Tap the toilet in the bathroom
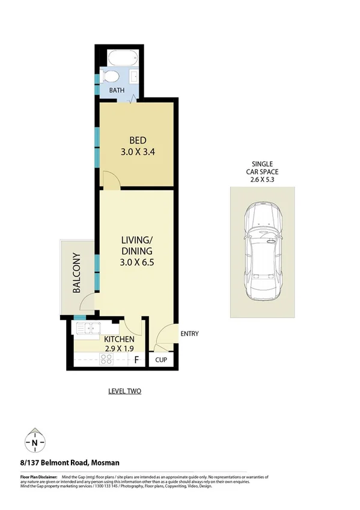pyautogui.click(x=111, y=77)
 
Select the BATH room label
pyautogui.click(x=117, y=91)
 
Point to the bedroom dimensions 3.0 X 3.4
pyautogui.click(x=138, y=152)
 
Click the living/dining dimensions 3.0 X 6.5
pyautogui.click(x=138, y=262)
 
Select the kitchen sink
pyautogui.click(x=90, y=328)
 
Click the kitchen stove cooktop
pyautogui.click(x=107, y=360)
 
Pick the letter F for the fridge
pyautogui.click(x=136, y=360)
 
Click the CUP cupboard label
pyautogui.click(x=160, y=360)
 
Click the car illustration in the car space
pyautogui.click(x=262, y=252)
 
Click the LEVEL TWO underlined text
pyautogui.click(x=124, y=392)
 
